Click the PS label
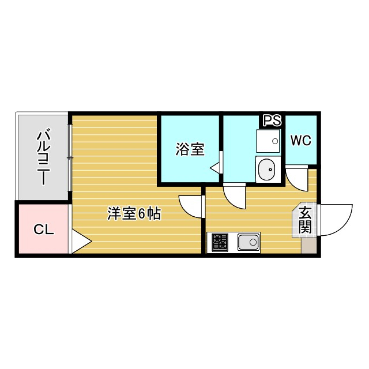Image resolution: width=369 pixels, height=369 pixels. (x=272, y=121)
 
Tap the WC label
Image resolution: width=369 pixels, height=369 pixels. (x=301, y=141)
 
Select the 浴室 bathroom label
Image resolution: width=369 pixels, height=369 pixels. (x=189, y=149)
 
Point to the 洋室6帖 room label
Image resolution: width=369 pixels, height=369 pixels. (x=134, y=213)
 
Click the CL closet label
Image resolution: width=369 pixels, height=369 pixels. (x=43, y=230)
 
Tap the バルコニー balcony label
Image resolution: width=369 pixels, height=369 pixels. (x=43, y=157)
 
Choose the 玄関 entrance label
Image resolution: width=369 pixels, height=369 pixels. (x=306, y=220)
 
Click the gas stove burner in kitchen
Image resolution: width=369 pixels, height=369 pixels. (x=219, y=243)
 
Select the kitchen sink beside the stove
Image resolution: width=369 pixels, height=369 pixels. (x=248, y=243)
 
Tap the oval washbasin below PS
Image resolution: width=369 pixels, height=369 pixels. (x=267, y=170)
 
